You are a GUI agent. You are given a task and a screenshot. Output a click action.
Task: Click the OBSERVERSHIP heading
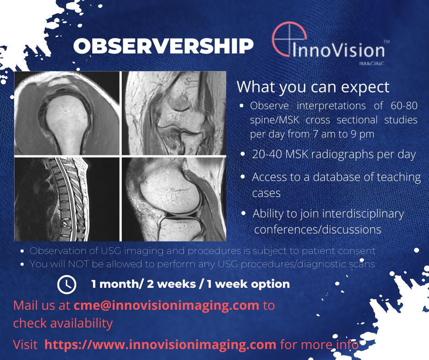coord(163,46)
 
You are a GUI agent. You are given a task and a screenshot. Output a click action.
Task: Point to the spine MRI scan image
coord(67,199)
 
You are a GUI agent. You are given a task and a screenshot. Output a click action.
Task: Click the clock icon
coord(67,284)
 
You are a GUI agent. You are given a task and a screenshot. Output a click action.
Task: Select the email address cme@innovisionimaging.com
coord(167,305)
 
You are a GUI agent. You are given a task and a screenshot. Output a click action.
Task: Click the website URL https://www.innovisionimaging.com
coord(160,344)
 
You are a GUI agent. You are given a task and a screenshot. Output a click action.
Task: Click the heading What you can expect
coord(313,87)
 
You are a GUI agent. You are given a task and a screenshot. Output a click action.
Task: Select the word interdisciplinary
coord(363,213)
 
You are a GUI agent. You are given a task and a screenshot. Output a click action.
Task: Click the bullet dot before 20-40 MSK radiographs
coord(243,155)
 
